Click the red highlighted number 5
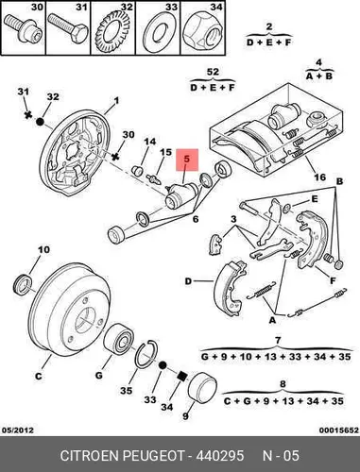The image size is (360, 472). [187, 159]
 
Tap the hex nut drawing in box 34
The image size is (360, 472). [202, 31]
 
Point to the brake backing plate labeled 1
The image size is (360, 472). [75, 153]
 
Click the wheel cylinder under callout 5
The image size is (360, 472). [181, 196]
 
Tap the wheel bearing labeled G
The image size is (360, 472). [119, 342]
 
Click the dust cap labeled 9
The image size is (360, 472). [202, 388]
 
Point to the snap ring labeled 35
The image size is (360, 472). [146, 353]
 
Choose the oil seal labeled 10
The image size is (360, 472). [24, 285]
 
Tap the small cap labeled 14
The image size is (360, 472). [137, 170]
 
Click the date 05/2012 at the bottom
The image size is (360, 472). [18, 430]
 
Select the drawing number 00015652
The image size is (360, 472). [339, 430]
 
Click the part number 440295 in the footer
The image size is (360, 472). [220, 455]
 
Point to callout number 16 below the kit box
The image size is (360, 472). [319, 177]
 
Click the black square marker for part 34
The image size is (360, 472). [181, 376]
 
